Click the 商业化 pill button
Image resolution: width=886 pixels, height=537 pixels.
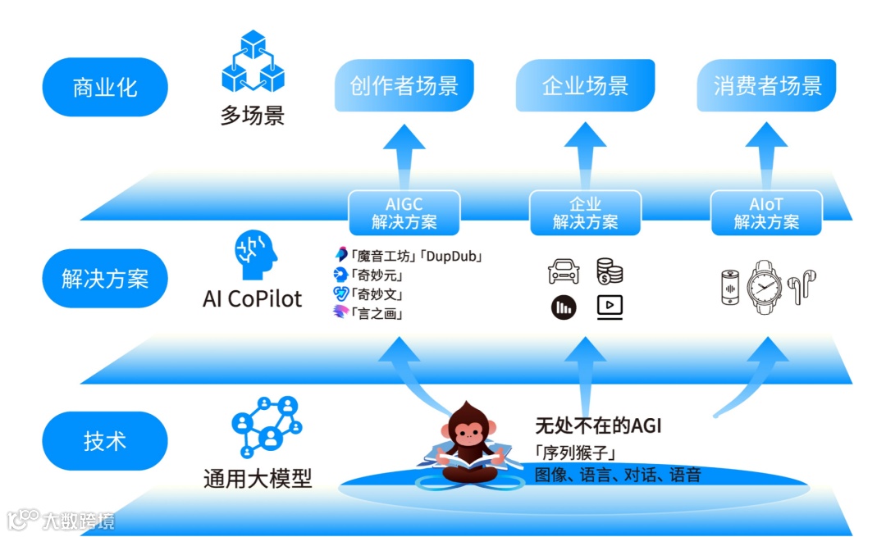[104, 87]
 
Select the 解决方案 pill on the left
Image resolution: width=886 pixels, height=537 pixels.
[104, 279]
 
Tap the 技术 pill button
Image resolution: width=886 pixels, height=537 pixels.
[104, 440]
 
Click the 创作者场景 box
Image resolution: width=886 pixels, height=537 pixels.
[404, 85]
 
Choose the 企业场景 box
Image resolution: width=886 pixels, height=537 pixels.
[585, 85]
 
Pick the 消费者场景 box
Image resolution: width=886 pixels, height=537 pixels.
[767, 85]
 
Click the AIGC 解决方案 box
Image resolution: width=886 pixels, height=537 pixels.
[404, 213]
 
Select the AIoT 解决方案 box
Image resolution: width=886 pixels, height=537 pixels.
[766, 213]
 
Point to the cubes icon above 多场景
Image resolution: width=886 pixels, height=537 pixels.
[253, 61]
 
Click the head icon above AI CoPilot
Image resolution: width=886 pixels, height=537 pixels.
[253, 256]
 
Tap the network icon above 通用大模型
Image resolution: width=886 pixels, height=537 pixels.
[265, 426]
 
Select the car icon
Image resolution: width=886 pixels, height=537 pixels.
[564, 271]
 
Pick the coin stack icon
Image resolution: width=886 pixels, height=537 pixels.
[610, 271]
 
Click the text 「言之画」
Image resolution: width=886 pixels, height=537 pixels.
[377, 312]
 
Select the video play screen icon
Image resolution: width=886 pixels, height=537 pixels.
[610, 307]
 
